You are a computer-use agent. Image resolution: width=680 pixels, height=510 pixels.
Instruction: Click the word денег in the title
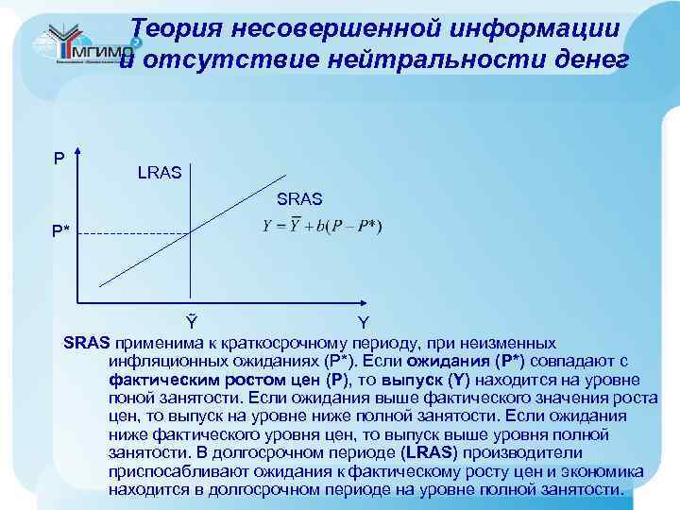589,59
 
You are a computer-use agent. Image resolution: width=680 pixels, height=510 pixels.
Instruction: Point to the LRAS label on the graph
161,173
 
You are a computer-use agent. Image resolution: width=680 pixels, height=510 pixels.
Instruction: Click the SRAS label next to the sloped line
299,199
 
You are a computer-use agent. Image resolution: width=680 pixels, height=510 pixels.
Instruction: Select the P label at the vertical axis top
59,158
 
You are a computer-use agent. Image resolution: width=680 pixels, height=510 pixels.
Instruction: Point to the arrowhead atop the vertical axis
79,154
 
